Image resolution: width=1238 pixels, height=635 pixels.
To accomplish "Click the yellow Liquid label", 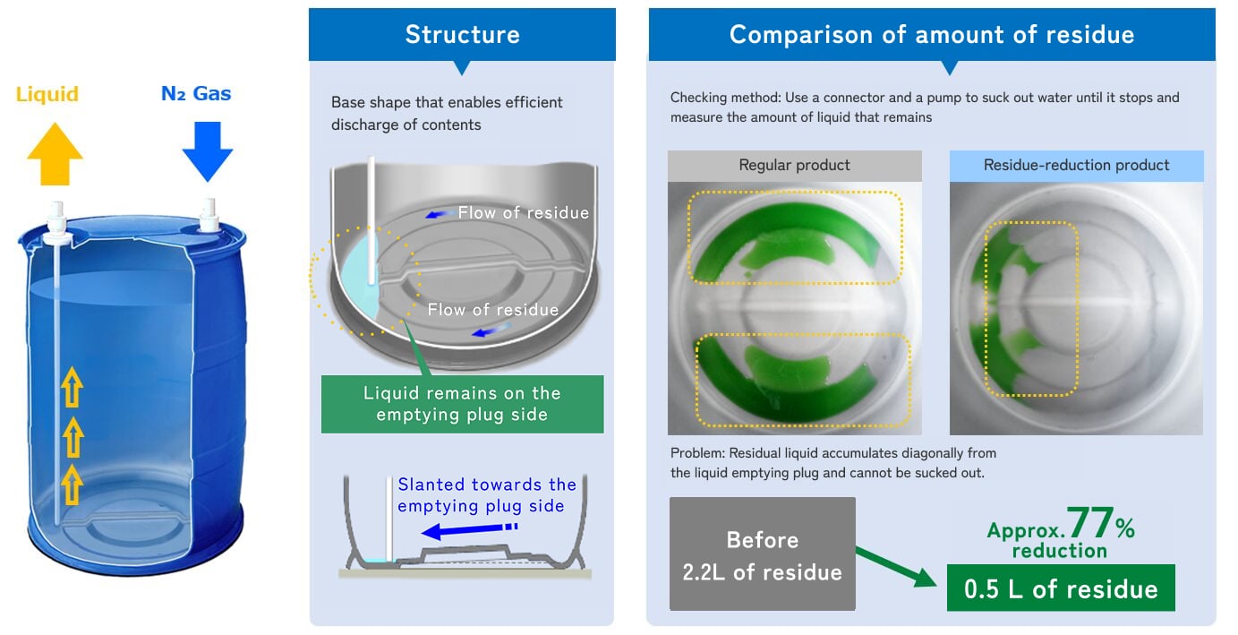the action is tap(47, 94).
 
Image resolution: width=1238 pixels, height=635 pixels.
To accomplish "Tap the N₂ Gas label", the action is tap(196, 93).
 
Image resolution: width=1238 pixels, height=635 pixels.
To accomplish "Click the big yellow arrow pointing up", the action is tap(55, 154).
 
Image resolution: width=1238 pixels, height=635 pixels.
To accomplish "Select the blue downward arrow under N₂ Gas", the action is tap(208, 151).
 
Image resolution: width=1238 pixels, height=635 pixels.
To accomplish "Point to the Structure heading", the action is tap(463, 34).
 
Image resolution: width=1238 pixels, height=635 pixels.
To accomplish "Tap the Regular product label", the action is tap(794, 165).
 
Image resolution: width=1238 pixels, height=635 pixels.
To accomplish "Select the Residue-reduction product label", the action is tap(1076, 165).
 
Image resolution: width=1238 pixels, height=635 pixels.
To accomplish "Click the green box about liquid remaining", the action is tap(462, 404).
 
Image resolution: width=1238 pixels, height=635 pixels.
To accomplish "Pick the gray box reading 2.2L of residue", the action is tap(762, 553).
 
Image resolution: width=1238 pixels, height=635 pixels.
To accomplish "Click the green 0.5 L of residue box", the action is tap(1061, 588).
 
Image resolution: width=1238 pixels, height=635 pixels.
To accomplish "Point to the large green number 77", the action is tap(1090, 522).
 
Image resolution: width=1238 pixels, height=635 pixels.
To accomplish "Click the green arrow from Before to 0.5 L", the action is tap(896, 567).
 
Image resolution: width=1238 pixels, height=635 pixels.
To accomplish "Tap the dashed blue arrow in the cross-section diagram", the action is tap(469, 530).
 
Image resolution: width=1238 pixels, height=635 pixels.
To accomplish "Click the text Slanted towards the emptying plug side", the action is tap(486, 495).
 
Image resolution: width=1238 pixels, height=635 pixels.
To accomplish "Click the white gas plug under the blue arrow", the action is tap(209, 215).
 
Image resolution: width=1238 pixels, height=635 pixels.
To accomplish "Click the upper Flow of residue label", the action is tap(523, 212).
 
